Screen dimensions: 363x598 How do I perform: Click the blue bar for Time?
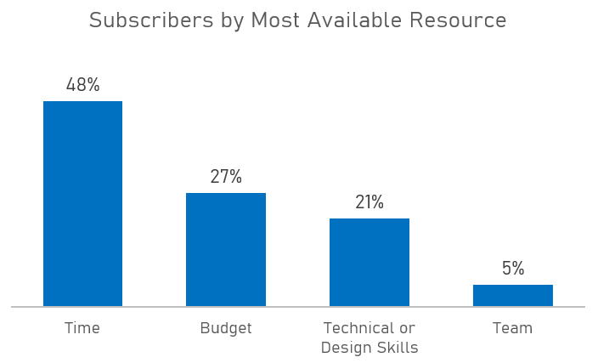pyautogui.click(x=82, y=203)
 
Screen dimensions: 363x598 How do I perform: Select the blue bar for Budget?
pyautogui.click(x=226, y=249)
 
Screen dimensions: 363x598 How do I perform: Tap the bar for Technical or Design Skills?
pyautogui.click(x=370, y=262)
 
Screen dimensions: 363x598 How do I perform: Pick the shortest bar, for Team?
pyautogui.click(x=513, y=295)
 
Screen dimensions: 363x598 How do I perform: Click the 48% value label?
pyautogui.click(x=82, y=85)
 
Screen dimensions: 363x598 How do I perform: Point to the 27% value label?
pyautogui.click(x=226, y=177)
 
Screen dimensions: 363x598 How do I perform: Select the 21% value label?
pyautogui.click(x=370, y=202)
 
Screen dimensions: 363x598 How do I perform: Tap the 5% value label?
pyautogui.click(x=513, y=269)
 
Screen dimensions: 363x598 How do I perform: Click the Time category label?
pyautogui.click(x=82, y=328)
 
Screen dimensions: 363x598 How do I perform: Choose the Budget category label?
pyautogui.click(x=226, y=328)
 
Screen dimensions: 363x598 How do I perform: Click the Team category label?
pyautogui.click(x=513, y=328)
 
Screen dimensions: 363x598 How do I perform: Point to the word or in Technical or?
pyautogui.click(x=407, y=328)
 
